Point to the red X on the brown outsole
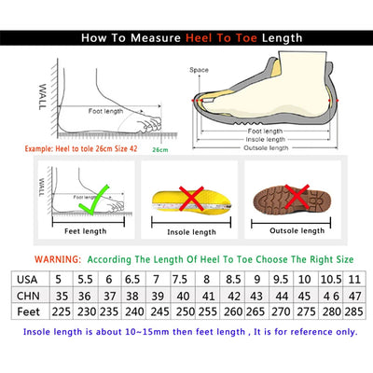pos(298,198)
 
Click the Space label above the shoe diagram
pos(200,69)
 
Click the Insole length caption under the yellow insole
pos(192,231)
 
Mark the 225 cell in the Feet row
pos(61,314)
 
